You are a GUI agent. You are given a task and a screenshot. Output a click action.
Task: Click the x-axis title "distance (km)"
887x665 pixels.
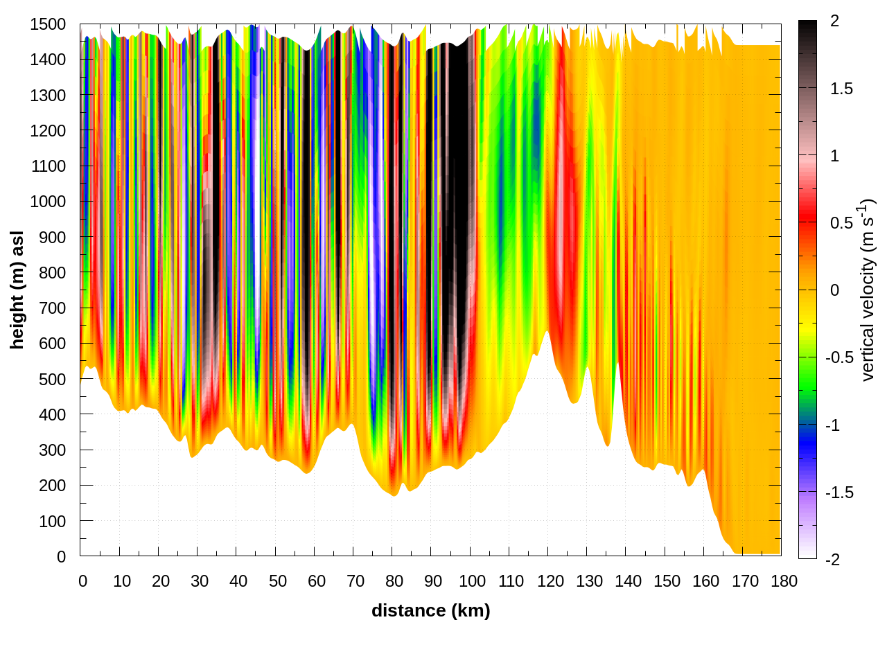[x=430, y=610]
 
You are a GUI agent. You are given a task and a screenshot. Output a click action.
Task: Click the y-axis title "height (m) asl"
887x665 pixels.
[x=17, y=290]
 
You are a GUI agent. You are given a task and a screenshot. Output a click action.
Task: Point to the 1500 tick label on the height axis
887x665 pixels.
[x=48, y=24]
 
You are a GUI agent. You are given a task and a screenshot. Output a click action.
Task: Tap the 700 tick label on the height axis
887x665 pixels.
[x=52, y=308]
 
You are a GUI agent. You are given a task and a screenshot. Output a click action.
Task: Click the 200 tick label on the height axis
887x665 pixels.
[x=52, y=485]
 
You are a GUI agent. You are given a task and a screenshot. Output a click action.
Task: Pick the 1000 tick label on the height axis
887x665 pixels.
[x=48, y=202]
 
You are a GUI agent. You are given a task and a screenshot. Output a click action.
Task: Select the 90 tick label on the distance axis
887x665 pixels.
[x=433, y=581]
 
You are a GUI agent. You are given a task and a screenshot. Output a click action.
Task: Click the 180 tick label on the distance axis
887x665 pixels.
[x=784, y=581]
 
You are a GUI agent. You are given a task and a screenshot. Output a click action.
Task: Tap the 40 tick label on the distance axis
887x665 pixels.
[x=238, y=581]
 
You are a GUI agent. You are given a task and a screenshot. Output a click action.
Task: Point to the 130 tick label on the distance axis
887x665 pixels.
[x=589, y=581]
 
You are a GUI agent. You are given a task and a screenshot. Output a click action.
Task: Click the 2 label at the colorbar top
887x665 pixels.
[x=834, y=21]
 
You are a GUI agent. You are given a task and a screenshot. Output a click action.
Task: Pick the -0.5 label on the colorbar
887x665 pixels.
[x=838, y=357]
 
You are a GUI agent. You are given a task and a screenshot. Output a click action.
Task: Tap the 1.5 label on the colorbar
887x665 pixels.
[x=841, y=89]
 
